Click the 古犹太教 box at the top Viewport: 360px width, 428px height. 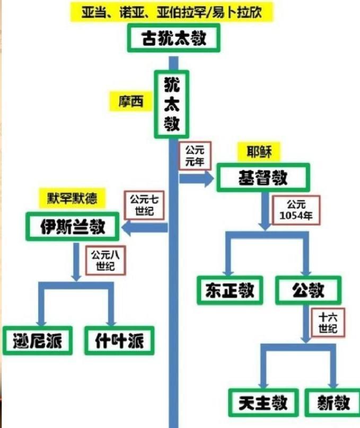click(174, 38)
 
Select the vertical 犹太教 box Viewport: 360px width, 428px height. click(172, 104)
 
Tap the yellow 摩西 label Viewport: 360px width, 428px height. click(130, 101)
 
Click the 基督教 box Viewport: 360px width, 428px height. click(264, 177)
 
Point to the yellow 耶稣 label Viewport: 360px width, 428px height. click(259, 152)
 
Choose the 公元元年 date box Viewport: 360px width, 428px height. click(195, 156)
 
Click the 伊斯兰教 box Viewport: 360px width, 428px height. click(73, 227)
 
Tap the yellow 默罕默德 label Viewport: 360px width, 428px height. click(72, 198)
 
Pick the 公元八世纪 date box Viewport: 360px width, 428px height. click(106, 261)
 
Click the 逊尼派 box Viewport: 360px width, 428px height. click(38, 341)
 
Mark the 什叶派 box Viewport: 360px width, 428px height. click(119, 341)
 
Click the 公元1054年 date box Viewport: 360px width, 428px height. click(296, 210)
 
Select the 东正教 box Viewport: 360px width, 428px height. click(230, 290)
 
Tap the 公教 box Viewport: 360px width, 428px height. click(308, 290)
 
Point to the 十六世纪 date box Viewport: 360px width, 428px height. click(328, 323)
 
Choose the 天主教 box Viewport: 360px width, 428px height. click(264, 403)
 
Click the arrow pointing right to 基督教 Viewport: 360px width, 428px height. click(196, 179)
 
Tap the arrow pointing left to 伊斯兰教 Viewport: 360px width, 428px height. click(145, 228)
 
